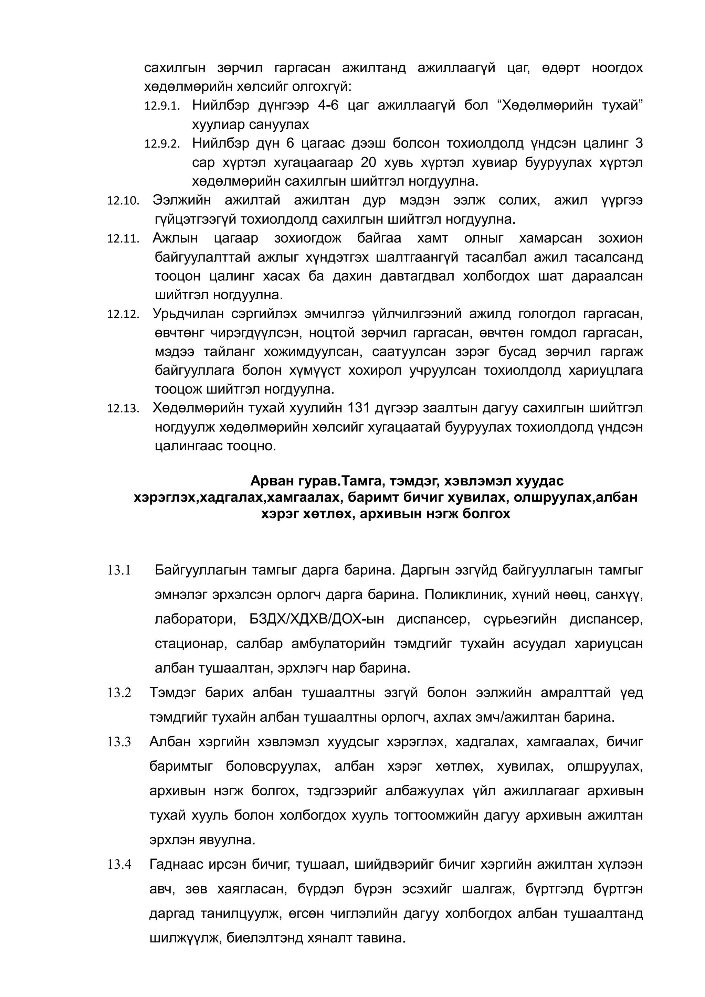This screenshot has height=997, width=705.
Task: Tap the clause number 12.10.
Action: click(123, 201)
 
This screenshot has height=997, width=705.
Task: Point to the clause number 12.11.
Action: click(123, 239)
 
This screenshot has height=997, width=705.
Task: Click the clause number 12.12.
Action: click(123, 314)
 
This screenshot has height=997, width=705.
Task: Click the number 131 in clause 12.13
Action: click(358, 408)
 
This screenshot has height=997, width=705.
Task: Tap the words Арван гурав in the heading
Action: click(293, 481)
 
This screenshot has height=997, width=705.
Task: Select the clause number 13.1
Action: click(119, 570)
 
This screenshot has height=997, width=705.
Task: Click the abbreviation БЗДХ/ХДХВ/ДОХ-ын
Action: click(317, 619)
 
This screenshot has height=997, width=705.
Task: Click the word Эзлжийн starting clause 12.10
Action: click(181, 200)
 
